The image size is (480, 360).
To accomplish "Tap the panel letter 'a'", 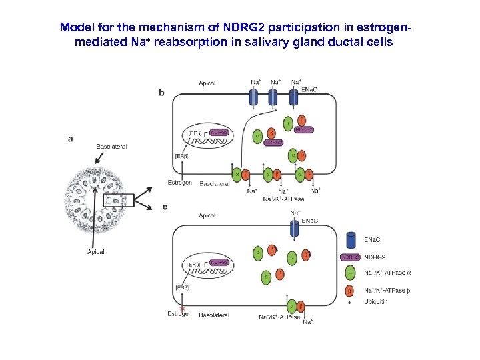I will point(71,139).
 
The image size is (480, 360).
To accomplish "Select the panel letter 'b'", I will point(161,93).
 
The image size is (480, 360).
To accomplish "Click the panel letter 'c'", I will point(165,207).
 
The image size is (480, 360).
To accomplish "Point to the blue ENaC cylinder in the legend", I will point(351,239).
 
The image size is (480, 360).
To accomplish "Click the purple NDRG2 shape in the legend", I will point(351,257).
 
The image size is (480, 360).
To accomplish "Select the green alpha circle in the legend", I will point(351,273).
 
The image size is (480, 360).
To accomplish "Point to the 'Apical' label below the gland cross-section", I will point(95,252).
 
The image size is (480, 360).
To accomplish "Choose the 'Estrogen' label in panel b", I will point(179,183).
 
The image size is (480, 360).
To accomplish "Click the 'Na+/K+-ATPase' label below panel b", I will point(283,199).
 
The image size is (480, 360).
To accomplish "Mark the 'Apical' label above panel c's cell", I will point(207,215).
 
